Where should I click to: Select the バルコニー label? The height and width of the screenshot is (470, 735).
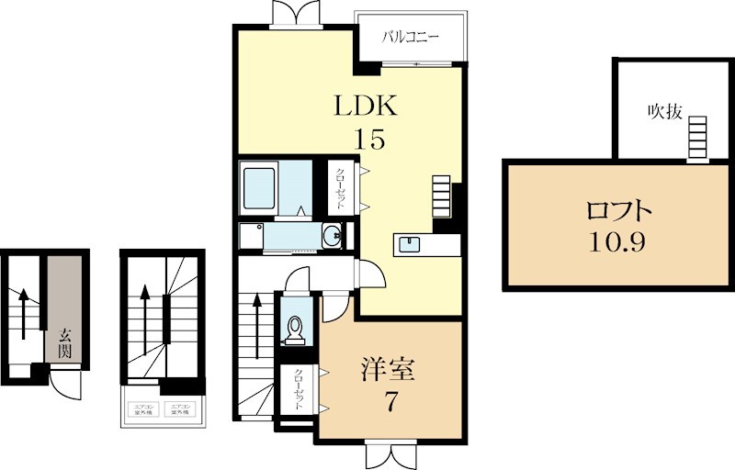point(412,38)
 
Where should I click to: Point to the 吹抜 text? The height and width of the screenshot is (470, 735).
point(663,112)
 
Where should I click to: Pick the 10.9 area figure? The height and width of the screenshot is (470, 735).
point(620,243)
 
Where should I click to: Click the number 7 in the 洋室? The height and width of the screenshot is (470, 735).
point(390,401)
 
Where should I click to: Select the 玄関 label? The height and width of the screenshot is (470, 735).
point(64,342)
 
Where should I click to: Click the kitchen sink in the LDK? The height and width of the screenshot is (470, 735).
point(409,245)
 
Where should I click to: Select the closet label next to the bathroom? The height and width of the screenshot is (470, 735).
point(339,188)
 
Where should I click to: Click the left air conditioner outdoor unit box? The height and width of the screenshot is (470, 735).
point(143,410)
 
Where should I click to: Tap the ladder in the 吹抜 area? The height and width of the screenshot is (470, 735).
point(698,139)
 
